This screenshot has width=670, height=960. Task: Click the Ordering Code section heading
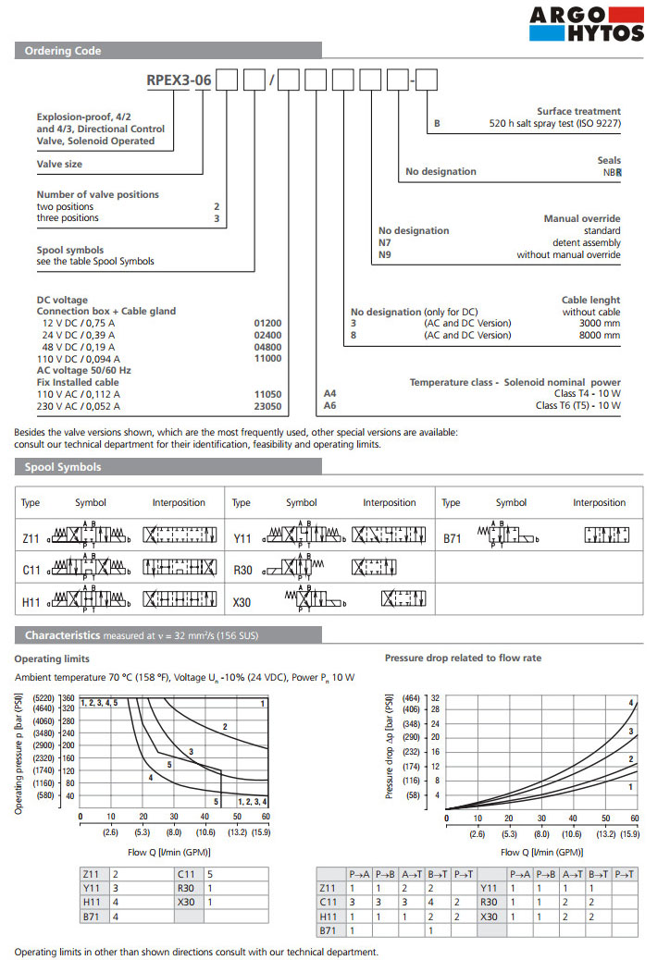click(63, 51)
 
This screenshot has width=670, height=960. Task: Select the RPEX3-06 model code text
click(180, 80)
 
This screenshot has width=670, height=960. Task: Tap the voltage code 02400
click(267, 336)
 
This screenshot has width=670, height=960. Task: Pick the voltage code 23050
click(267, 406)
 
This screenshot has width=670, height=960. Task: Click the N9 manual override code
click(386, 255)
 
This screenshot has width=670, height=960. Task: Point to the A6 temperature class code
click(329, 405)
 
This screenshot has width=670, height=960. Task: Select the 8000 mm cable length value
click(599, 336)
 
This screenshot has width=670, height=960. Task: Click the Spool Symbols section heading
click(63, 467)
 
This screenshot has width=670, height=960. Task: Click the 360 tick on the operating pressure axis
click(68, 697)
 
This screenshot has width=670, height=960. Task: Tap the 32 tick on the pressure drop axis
click(435, 697)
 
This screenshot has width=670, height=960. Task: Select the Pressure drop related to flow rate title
click(463, 658)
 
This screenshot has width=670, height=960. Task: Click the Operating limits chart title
click(52, 658)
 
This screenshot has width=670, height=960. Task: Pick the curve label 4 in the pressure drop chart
click(631, 704)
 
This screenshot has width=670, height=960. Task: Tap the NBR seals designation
click(612, 171)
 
